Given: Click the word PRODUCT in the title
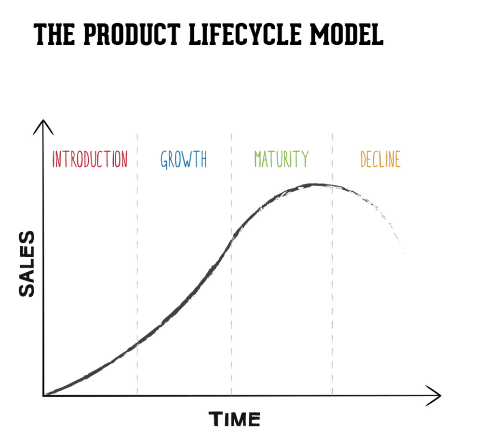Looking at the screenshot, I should (126, 34).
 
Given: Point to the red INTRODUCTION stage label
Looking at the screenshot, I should (90, 159).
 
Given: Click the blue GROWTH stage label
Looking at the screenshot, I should (184, 159).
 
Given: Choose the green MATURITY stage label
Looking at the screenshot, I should (281, 159).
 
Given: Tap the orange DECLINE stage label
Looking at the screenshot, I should (380, 159).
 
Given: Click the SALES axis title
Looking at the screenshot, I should (27, 264).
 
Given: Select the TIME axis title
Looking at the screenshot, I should (234, 419).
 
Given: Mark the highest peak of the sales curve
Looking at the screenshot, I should (316, 185).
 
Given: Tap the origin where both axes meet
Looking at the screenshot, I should (44, 396).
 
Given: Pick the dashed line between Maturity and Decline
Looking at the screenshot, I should (332, 289).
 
